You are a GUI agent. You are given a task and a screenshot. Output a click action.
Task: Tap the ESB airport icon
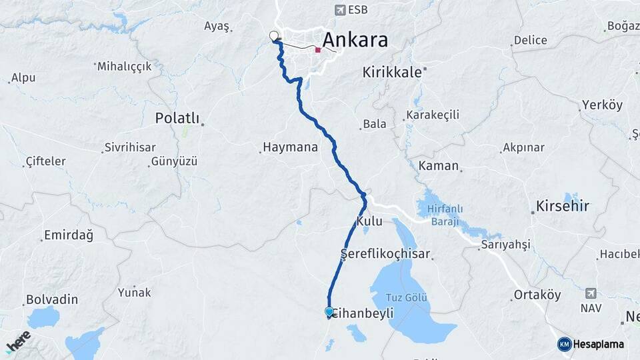(x=340, y=10)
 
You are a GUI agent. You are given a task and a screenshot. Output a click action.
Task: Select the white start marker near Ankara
(x=273, y=36)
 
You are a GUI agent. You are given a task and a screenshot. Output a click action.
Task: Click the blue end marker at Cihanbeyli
(x=329, y=311)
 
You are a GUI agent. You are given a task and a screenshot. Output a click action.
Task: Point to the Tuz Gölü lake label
(x=409, y=298)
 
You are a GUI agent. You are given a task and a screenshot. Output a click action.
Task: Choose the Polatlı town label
(x=177, y=118)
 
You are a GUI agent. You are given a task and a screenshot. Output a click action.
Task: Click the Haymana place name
(x=290, y=147)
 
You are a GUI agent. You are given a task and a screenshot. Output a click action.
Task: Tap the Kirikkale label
(x=392, y=72)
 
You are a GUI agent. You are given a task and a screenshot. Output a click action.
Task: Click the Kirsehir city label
(x=563, y=206)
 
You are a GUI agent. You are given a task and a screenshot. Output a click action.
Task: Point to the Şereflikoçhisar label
(x=385, y=254)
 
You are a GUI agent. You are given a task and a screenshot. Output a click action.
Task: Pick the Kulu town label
(x=369, y=221)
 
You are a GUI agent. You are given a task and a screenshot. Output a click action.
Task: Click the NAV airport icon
(x=591, y=293)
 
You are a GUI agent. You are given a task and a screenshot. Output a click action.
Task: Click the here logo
(x=18, y=341)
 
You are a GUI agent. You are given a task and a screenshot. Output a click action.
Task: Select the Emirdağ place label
(x=68, y=235)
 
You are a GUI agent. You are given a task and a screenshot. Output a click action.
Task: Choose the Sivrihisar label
(x=129, y=147)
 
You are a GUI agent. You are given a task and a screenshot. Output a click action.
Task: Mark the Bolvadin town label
(x=52, y=299)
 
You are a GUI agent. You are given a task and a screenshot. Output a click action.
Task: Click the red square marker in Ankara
(x=318, y=50)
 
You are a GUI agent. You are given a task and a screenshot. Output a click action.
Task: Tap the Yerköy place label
(x=602, y=105)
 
